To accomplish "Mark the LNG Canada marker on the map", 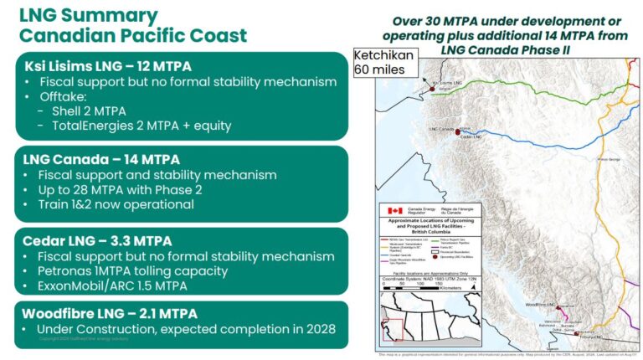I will click(x=458, y=128).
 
